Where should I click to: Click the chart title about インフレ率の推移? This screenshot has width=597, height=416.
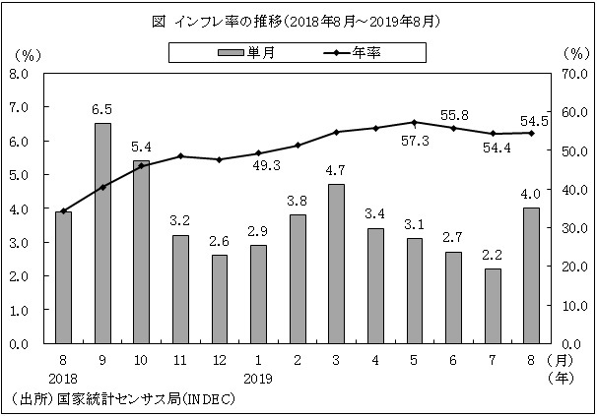(x=297, y=20)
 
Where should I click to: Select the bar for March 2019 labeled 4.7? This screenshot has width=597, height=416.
(x=335, y=264)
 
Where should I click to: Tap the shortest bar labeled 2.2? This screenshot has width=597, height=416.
(x=493, y=306)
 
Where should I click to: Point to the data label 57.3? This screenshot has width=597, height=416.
(x=414, y=141)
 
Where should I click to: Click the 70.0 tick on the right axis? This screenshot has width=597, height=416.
(x=572, y=73)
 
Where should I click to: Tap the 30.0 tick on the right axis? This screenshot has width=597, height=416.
(x=572, y=228)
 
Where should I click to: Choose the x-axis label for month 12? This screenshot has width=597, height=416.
(x=219, y=361)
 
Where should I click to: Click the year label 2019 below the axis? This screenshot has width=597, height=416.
(x=257, y=377)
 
